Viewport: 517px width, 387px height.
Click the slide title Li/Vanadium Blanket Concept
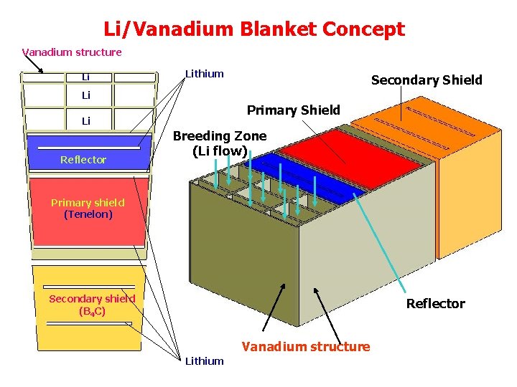click(x=254, y=29)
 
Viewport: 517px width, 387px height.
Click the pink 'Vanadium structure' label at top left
click(x=72, y=52)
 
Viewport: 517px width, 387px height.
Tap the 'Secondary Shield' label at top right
click(x=427, y=80)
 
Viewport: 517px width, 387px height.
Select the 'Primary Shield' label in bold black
click(x=293, y=110)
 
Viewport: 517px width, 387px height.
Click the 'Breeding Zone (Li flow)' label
click(x=219, y=143)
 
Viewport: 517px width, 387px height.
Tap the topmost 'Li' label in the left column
click(x=85, y=77)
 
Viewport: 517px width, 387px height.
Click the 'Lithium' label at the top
click(x=205, y=73)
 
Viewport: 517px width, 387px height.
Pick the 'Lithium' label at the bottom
click(x=204, y=360)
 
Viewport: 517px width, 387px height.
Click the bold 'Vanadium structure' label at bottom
click(x=306, y=347)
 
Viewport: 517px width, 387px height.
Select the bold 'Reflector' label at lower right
click(x=435, y=303)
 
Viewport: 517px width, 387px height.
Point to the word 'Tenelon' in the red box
click(x=88, y=214)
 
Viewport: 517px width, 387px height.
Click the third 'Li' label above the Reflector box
click(x=85, y=121)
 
